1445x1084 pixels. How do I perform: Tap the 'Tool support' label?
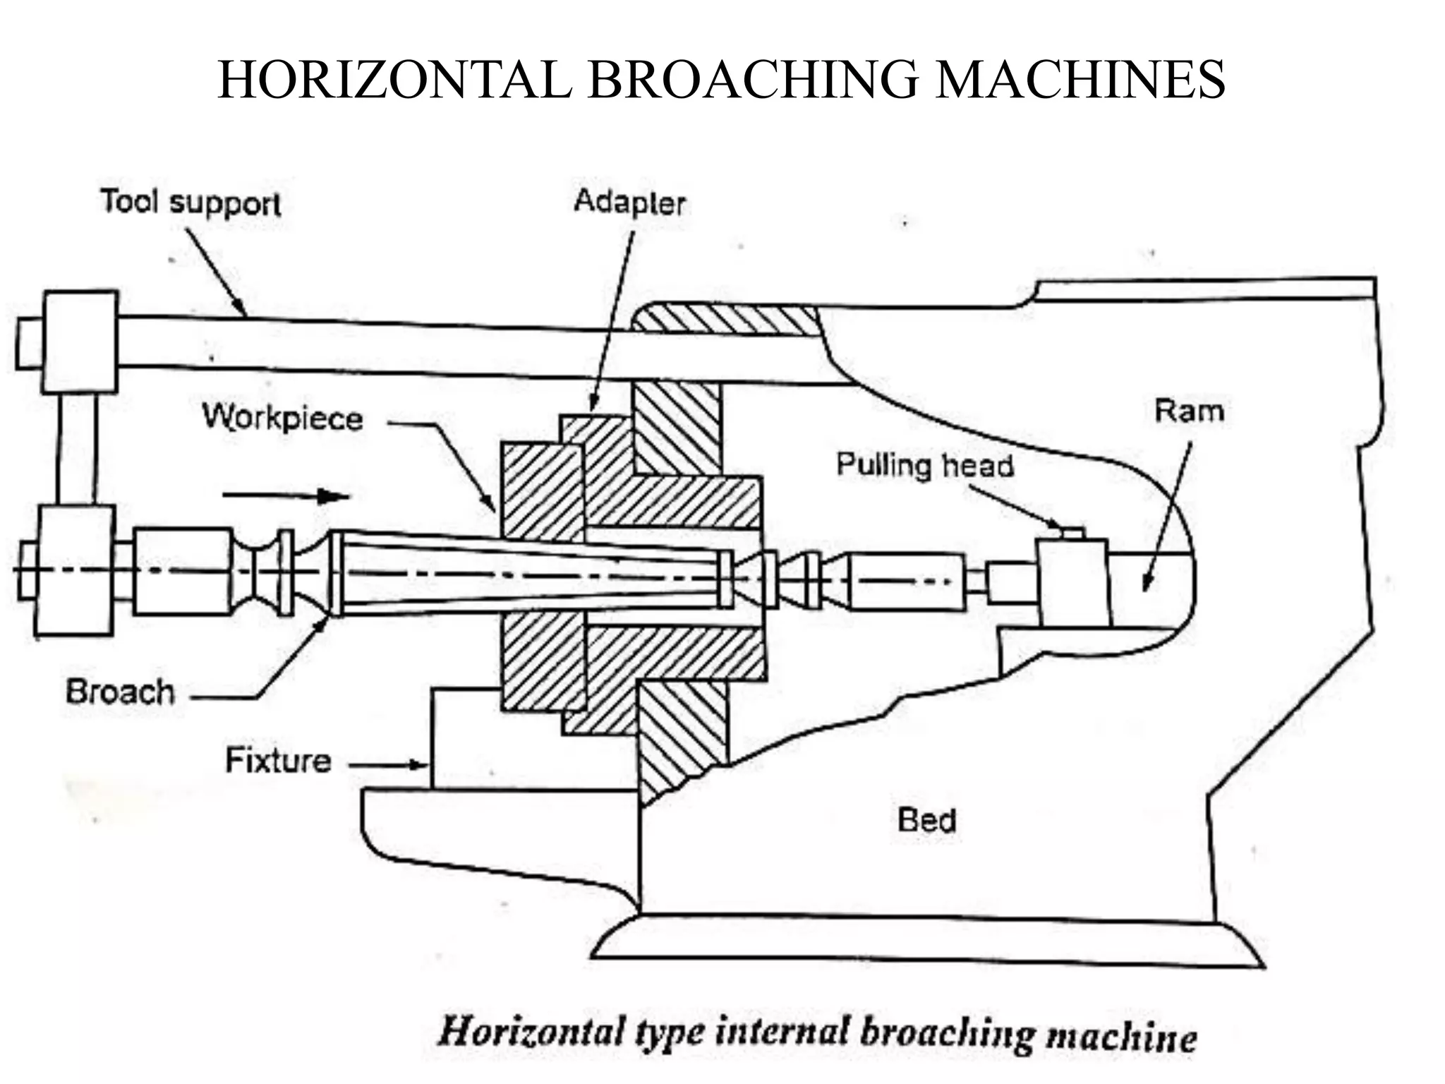(x=191, y=203)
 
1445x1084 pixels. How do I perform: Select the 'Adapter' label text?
(x=629, y=203)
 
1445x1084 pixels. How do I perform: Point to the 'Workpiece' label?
(x=283, y=418)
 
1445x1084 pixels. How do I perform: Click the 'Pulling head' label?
(x=925, y=465)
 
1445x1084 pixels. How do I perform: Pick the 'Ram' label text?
(x=1189, y=411)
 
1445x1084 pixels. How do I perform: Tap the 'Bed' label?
(x=926, y=820)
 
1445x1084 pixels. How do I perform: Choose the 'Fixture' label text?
(x=278, y=760)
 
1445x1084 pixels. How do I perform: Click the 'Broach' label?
(x=120, y=692)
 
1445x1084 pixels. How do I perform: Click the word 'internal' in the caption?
(x=781, y=1032)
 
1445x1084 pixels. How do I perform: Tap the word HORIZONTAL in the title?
(x=395, y=80)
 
